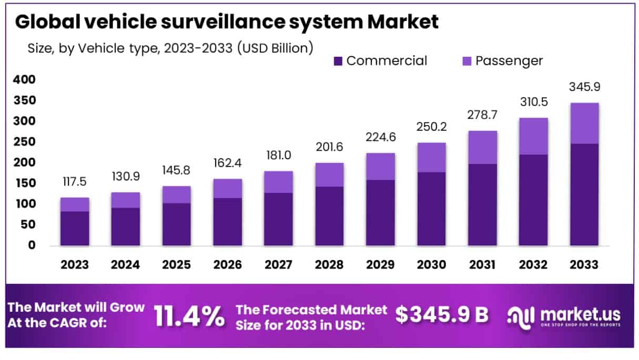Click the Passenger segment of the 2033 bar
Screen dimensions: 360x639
(584, 123)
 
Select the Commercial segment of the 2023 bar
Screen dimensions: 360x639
(75, 228)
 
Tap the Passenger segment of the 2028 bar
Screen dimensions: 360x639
(329, 174)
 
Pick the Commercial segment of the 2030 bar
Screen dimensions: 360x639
(431, 209)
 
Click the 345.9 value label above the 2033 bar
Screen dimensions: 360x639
(584, 87)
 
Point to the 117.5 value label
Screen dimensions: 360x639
(75, 182)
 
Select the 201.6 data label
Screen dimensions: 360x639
(329, 147)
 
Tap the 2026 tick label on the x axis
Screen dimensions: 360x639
(227, 264)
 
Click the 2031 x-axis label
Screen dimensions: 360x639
(482, 264)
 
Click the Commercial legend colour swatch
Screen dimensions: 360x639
(338, 61)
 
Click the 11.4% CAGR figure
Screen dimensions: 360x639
(189, 316)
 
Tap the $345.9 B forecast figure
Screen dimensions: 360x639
(442, 314)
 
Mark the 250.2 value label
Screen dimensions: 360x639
(431, 127)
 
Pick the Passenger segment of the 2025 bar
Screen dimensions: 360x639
(176, 194)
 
